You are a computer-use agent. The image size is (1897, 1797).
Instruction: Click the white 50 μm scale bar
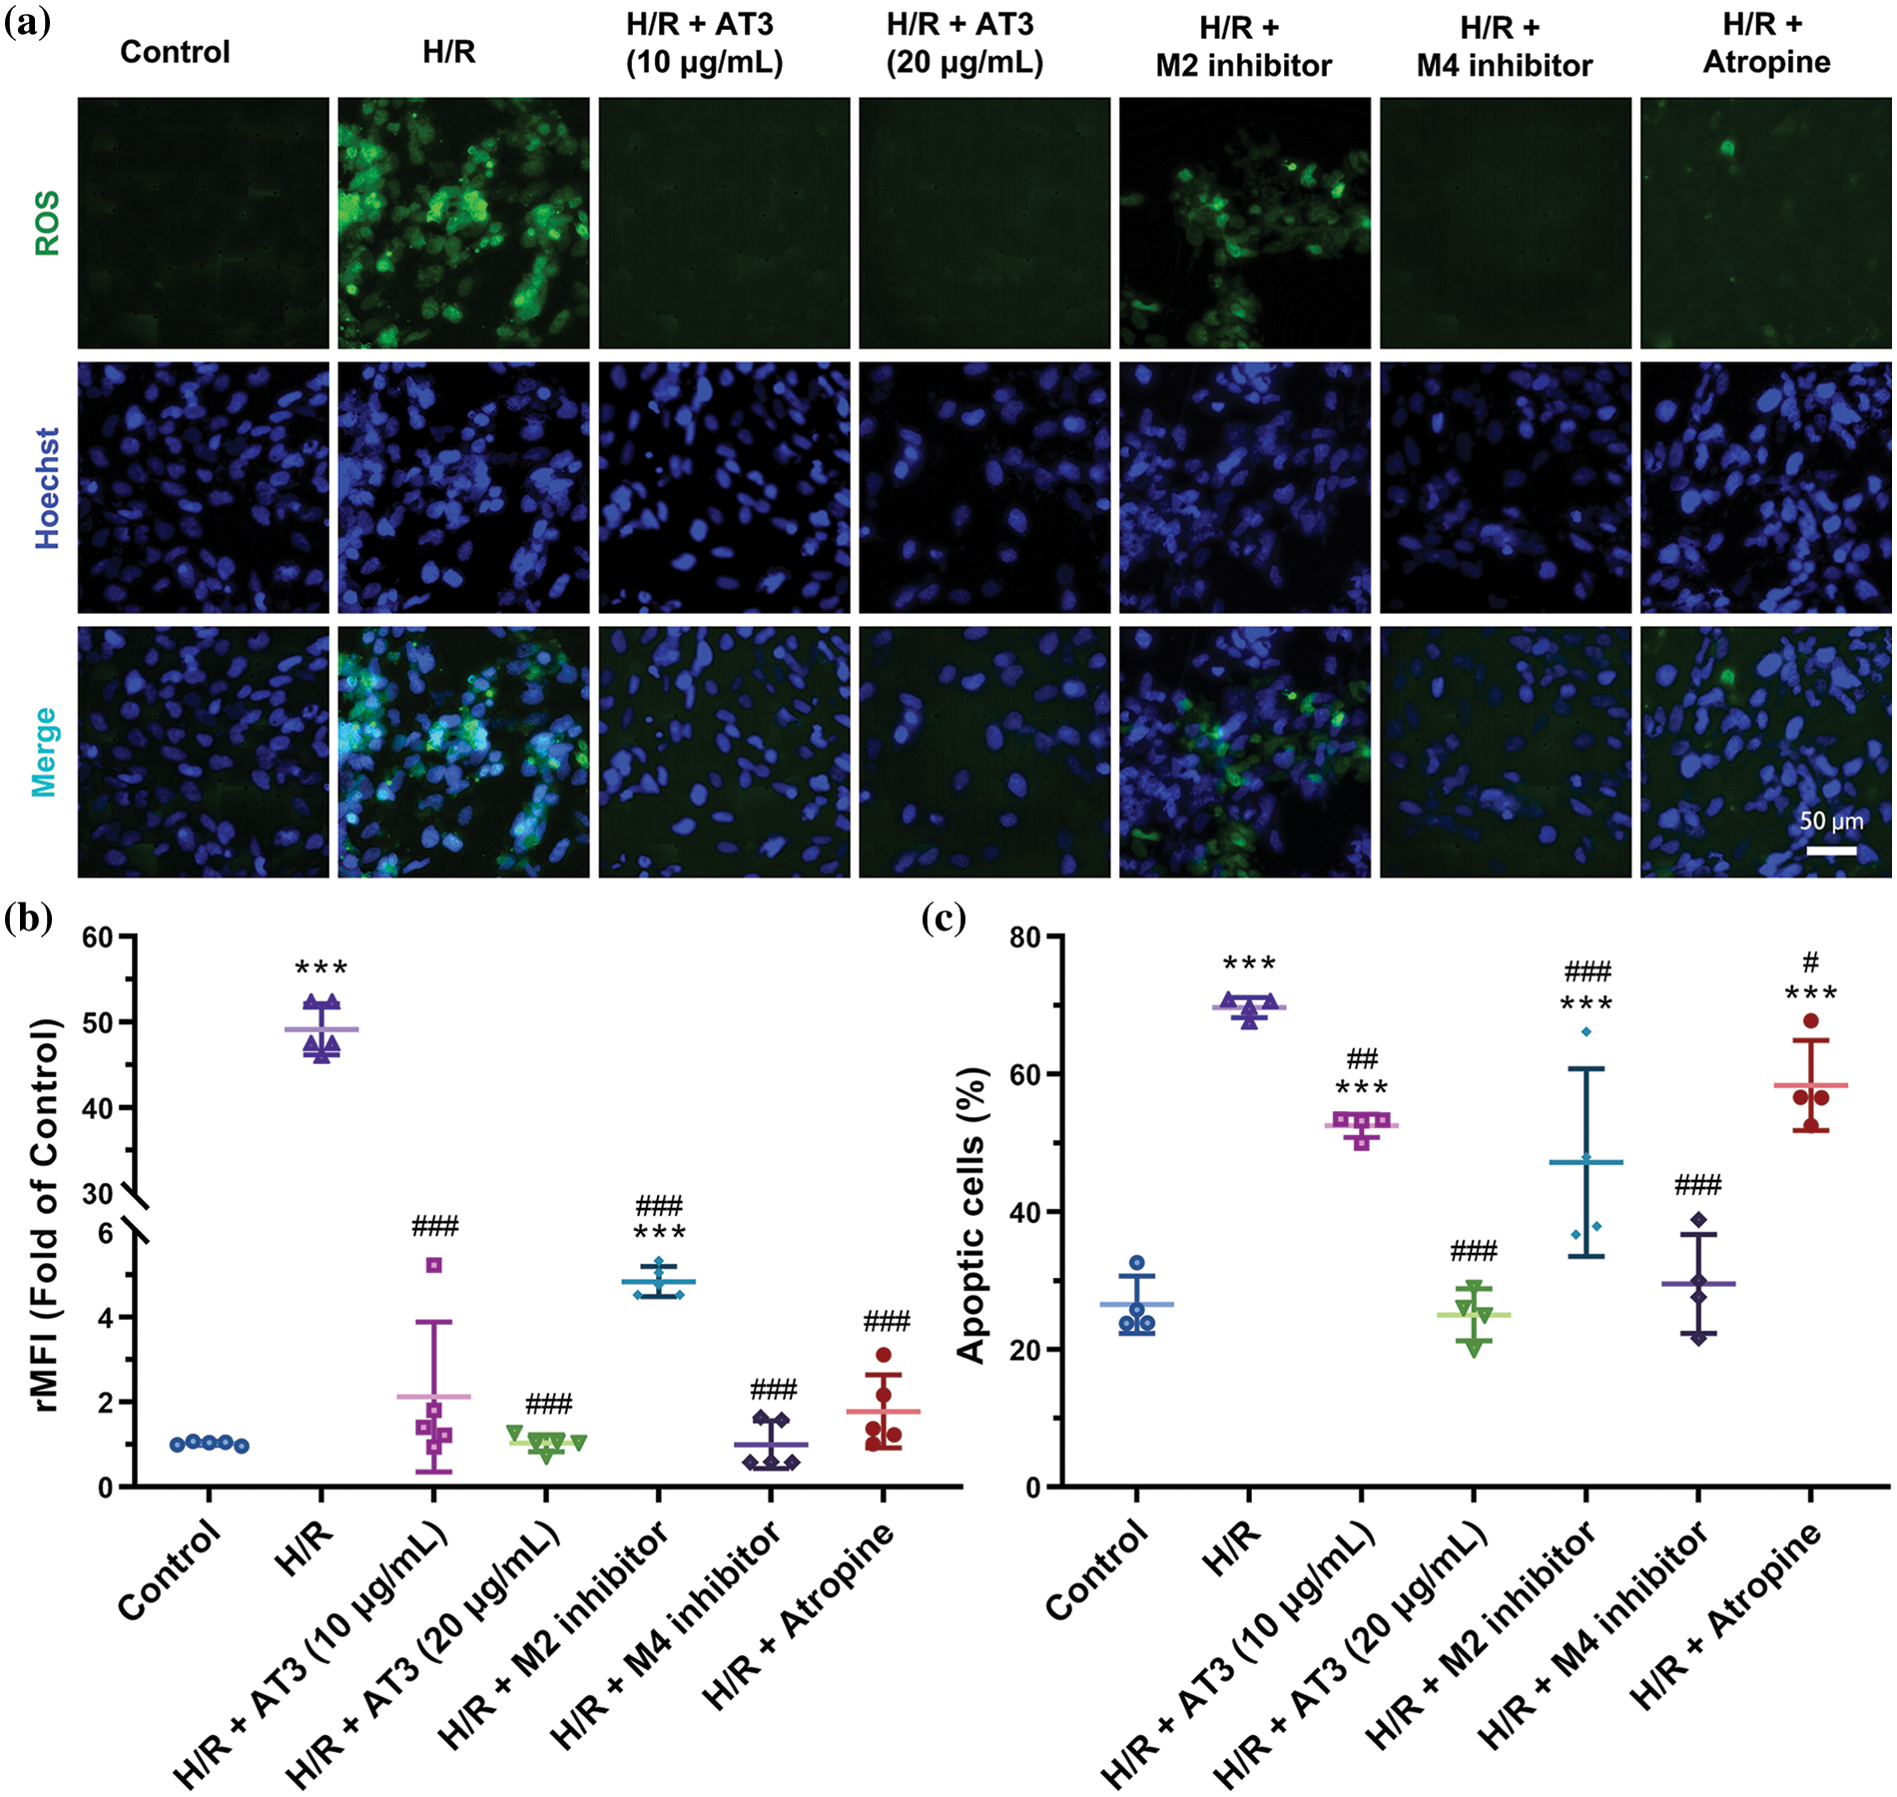(x=1831, y=851)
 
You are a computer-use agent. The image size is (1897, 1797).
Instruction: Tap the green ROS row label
(x=47, y=224)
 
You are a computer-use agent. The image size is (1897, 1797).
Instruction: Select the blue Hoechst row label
(x=47, y=488)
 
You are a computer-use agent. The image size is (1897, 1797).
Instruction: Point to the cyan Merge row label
(x=44, y=752)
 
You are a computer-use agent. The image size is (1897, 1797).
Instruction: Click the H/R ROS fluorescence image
(x=463, y=224)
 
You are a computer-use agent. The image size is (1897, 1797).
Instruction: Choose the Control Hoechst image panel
(x=204, y=488)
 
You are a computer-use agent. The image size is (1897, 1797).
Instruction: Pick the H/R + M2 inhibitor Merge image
(x=1245, y=752)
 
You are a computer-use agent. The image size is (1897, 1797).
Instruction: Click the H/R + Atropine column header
(x=1766, y=45)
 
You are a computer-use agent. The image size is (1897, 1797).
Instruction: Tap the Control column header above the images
(x=175, y=52)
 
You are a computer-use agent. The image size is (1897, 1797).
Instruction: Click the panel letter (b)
(x=28, y=916)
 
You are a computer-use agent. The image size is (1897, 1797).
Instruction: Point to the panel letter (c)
(x=944, y=916)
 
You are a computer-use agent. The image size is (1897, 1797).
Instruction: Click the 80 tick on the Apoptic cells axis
(x=1024, y=936)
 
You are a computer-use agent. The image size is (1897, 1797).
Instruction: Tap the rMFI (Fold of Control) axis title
(x=45, y=1214)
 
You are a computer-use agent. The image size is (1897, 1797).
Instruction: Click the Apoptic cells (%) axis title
(x=970, y=1214)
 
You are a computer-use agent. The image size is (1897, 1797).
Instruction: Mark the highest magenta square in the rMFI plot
(x=434, y=1265)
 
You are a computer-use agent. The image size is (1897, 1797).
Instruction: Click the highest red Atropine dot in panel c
(x=1810, y=1020)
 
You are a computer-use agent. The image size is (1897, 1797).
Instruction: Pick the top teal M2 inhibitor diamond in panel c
(x=1585, y=1031)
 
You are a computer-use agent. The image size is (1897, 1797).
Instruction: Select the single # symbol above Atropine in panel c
(x=1810, y=962)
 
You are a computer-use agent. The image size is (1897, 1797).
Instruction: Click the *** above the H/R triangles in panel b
(x=321, y=968)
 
